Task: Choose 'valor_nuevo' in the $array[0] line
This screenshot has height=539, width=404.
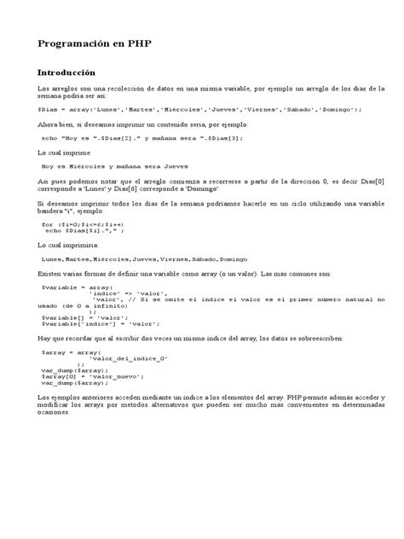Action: point(108,401)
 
